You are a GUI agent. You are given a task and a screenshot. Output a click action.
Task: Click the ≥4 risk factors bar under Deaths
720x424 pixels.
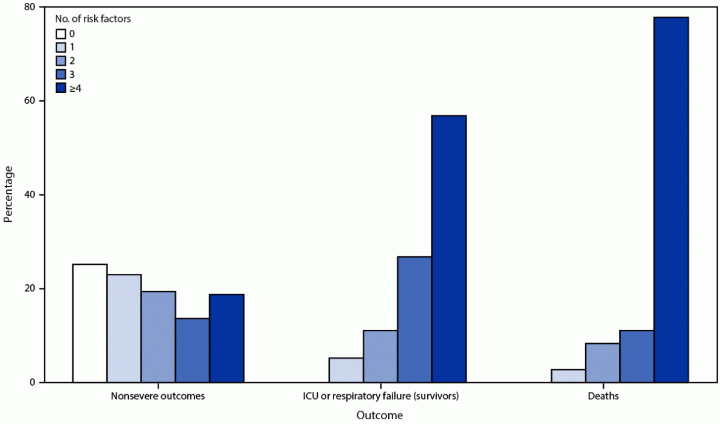671,200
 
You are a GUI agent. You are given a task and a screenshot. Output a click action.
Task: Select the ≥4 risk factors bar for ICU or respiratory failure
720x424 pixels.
448,249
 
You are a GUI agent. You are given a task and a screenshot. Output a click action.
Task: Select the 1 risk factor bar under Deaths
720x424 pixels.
569,376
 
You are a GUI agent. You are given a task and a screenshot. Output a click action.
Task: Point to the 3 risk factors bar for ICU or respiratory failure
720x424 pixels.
414,320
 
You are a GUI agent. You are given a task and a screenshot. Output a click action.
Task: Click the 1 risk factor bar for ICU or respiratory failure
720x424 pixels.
346,370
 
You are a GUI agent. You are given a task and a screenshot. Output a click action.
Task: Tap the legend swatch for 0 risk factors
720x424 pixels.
61,33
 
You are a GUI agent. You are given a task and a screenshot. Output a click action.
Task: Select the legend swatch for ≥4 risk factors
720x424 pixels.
61,88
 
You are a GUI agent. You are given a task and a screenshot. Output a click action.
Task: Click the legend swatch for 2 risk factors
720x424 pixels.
61,61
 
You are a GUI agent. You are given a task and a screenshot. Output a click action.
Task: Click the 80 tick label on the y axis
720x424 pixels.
28,7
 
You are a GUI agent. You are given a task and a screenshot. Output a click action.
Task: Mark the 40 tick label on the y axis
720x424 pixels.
28,194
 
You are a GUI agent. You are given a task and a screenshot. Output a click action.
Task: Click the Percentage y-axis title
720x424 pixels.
8,194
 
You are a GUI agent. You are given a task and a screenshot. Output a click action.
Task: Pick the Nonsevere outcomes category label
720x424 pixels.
157,397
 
